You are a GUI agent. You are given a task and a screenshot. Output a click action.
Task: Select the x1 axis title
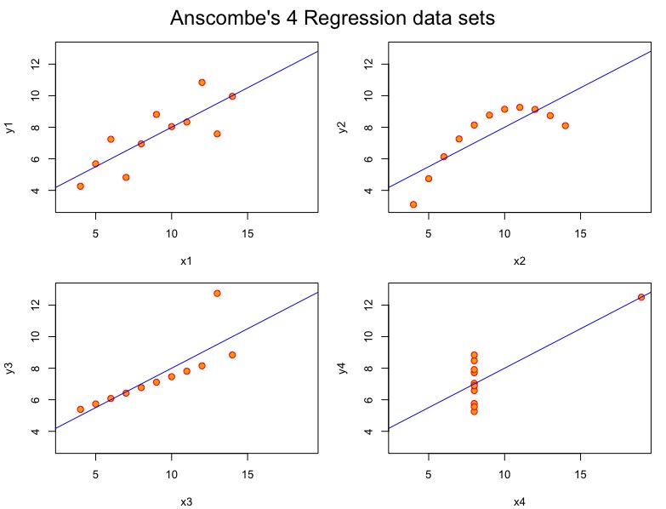pyautogui.click(x=186, y=260)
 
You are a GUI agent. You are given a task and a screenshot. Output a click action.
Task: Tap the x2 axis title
pyautogui.click(x=519, y=260)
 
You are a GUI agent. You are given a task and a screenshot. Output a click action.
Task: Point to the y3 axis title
pyautogui.click(x=11, y=368)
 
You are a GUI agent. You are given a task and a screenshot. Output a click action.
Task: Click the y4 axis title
pyautogui.click(x=344, y=368)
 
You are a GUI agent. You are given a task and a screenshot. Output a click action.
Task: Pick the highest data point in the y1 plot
pyautogui.click(x=202, y=83)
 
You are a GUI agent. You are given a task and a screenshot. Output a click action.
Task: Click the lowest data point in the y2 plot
pyautogui.click(x=413, y=204)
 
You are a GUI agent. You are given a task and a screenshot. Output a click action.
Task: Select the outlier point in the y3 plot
pyautogui.click(x=217, y=293)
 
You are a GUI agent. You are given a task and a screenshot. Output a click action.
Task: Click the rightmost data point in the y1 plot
pyautogui.click(x=232, y=96)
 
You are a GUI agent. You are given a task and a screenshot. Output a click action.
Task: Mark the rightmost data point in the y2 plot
pyautogui.click(x=565, y=125)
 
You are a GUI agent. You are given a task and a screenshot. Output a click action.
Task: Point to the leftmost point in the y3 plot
pyautogui.click(x=80, y=409)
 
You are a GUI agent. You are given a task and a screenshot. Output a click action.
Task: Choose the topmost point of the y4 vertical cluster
pyautogui.click(x=474, y=355)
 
